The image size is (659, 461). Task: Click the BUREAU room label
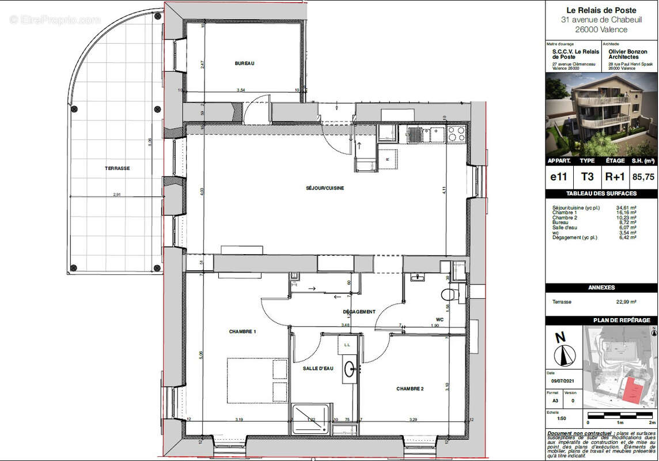point(244,63)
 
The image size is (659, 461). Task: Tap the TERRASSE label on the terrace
point(117,168)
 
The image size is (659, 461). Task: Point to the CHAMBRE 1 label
point(242,331)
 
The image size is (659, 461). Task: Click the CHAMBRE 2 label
point(410,389)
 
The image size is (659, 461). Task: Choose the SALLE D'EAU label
point(318,368)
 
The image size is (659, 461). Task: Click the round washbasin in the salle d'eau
point(349,369)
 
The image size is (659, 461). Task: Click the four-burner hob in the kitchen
point(456,134)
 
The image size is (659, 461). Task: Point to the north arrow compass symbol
point(563,349)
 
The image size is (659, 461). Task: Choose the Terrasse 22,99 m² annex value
point(626,301)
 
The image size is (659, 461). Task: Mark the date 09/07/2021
point(563,380)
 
